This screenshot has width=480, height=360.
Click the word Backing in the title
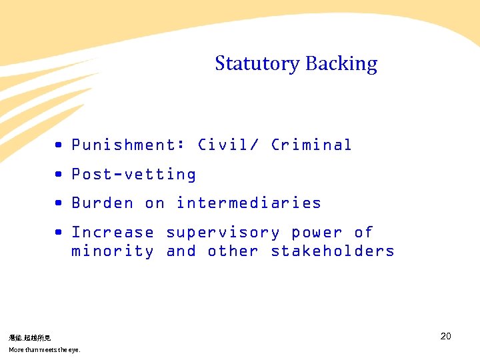(x=341, y=64)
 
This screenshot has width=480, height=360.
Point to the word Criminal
(x=311, y=145)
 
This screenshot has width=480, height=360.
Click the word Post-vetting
(x=134, y=174)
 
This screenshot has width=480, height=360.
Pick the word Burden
(x=103, y=203)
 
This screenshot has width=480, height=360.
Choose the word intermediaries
(x=249, y=203)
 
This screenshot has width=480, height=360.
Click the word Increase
(x=113, y=232)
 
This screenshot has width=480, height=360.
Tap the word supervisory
(x=223, y=232)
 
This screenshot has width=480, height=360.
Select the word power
(x=317, y=232)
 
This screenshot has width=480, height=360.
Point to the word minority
(x=113, y=251)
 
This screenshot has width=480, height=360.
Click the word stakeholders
(x=333, y=251)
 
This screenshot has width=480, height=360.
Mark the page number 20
(x=446, y=336)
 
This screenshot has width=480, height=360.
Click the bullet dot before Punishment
(x=59, y=145)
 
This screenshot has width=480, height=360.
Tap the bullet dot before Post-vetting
(x=59, y=174)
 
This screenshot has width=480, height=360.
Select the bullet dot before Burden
(x=59, y=203)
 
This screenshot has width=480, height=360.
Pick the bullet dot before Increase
(x=59, y=232)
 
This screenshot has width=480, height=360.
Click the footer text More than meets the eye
(x=44, y=349)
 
